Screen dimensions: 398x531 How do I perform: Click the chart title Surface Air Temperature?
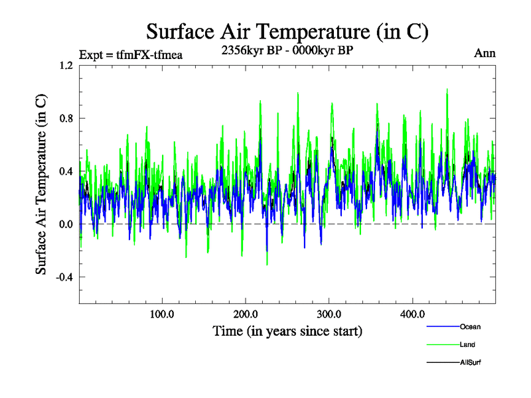click(x=287, y=31)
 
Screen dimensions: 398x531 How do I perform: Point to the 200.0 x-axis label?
click(x=246, y=314)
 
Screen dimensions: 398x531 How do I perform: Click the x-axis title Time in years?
click(x=287, y=330)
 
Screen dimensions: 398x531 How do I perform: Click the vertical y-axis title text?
click(x=41, y=184)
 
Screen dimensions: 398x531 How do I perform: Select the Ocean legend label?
click(x=470, y=327)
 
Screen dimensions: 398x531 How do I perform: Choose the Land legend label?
click(x=467, y=345)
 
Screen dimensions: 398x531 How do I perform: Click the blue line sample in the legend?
click(x=443, y=327)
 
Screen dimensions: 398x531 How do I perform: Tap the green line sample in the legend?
click(x=443, y=345)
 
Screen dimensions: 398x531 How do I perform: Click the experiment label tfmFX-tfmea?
click(x=130, y=54)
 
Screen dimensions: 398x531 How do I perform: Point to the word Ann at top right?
click(x=485, y=53)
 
